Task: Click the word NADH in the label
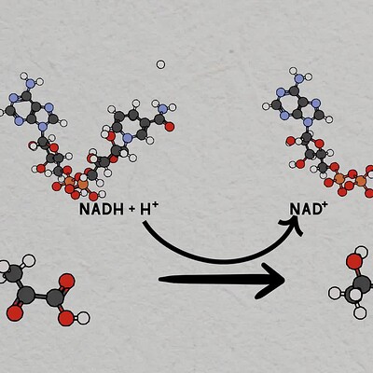102,209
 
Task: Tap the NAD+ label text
306,209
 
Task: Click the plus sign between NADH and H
131,210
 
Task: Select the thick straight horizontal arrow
222,281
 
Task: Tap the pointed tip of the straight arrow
284,280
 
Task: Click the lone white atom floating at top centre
160,64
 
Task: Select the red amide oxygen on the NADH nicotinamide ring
170,127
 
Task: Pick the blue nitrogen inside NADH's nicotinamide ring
127,138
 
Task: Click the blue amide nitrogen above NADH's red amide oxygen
162,109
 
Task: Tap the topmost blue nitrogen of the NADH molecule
30,83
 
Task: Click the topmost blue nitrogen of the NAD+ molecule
298,78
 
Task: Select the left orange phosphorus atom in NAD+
339,178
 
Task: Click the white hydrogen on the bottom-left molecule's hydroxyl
83,318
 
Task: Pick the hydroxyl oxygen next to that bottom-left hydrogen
66,318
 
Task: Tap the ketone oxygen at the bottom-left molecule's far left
14,313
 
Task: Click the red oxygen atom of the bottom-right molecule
354,261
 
